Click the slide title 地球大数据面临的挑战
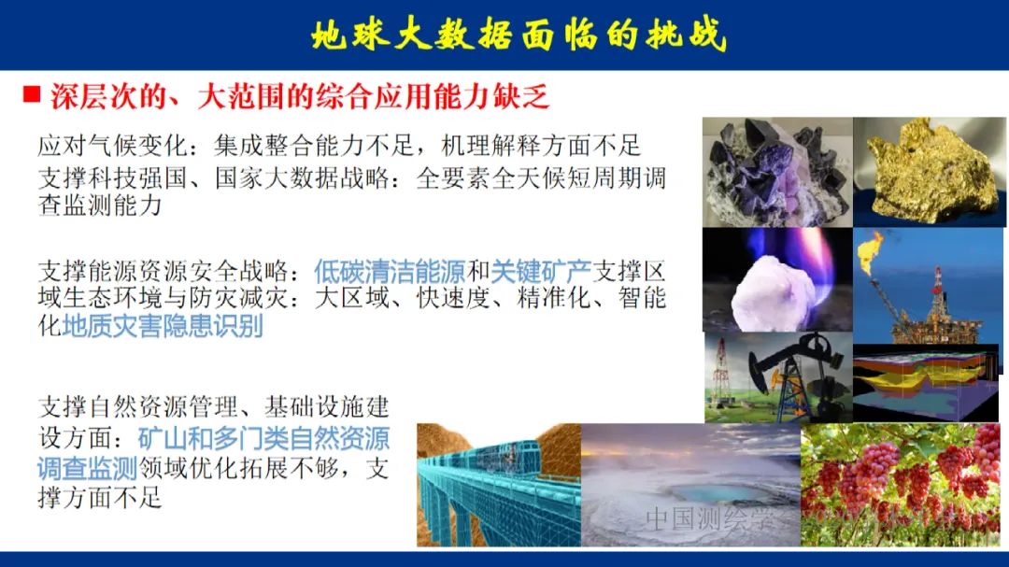518,35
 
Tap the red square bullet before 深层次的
32,94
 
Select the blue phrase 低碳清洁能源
389,272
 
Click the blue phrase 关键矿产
542,272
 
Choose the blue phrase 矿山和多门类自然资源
263,438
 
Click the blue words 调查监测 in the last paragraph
87,468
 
